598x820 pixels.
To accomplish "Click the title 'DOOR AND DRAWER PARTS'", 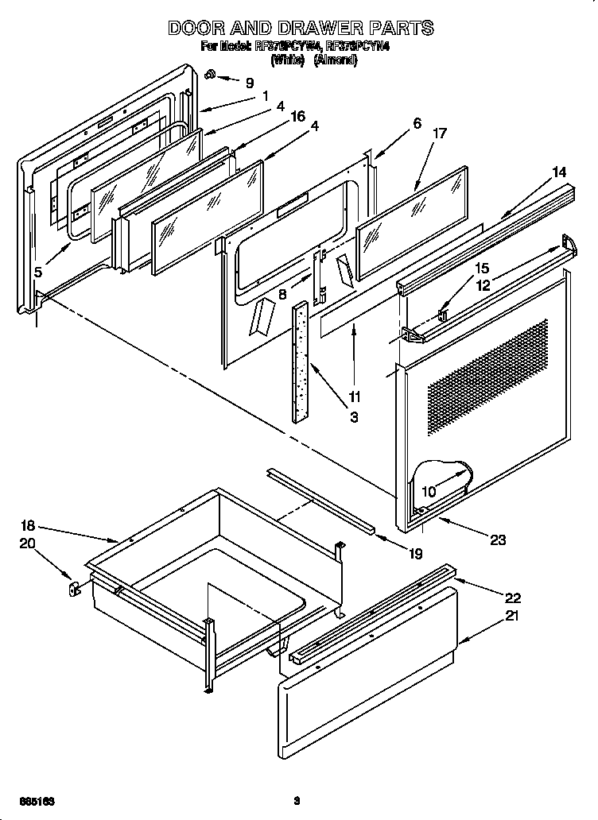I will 301,28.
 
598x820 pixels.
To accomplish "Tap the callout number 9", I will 250,83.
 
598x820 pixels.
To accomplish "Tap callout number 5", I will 38,272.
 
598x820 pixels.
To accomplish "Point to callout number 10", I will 429,492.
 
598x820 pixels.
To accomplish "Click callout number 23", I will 498,540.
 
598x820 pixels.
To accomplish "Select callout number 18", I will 28,525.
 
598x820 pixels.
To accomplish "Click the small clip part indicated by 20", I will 72,589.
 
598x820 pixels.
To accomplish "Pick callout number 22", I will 512,598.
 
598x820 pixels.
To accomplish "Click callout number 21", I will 511,616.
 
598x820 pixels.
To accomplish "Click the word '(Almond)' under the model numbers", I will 334,60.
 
